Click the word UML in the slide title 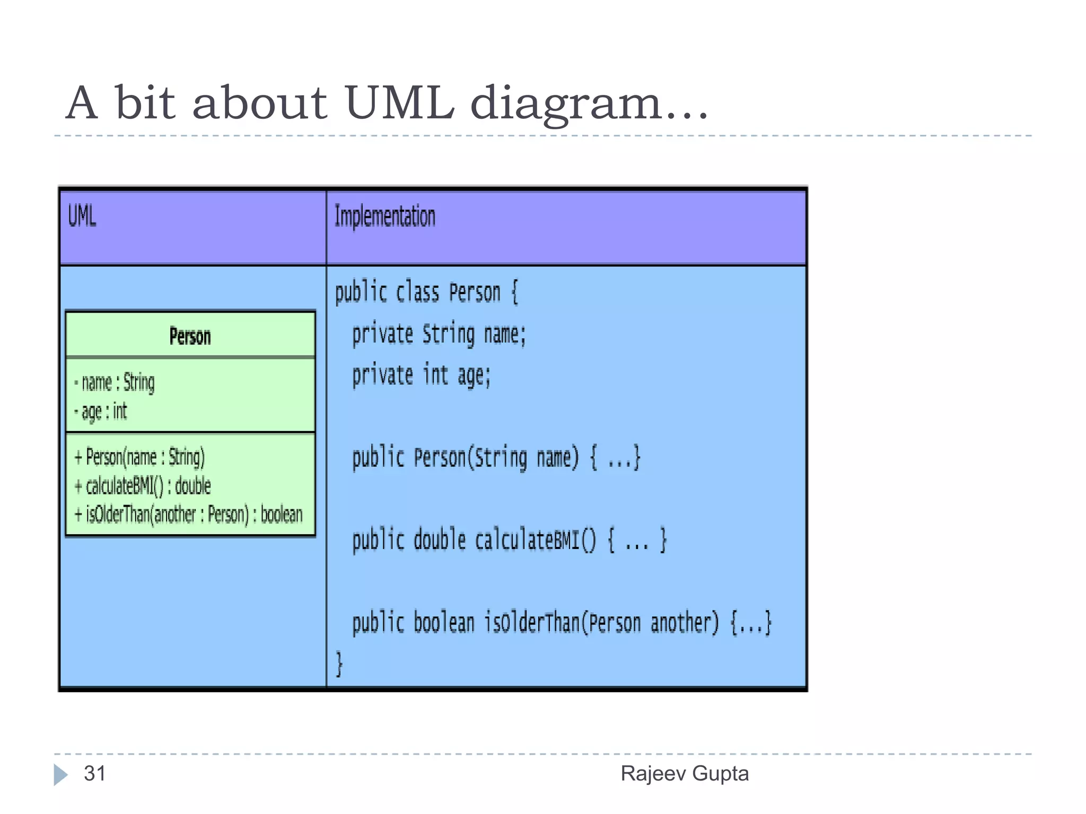point(399,102)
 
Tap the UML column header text point(82,216)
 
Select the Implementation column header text point(384,216)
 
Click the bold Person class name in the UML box point(190,336)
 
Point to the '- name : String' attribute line point(115,383)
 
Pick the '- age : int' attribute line point(101,411)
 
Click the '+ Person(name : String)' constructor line point(140,457)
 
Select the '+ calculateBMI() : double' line point(143,486)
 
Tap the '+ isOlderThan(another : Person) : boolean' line point(189,514)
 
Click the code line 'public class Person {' point(426,293)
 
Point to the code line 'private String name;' point(439,334)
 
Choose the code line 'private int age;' point(422,375)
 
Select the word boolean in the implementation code point(443,623)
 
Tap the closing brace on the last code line point(339,663)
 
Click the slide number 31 point(95,774)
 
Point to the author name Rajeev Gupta point(685,774)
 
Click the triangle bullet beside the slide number point(60,775)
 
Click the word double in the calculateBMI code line point(440,540)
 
